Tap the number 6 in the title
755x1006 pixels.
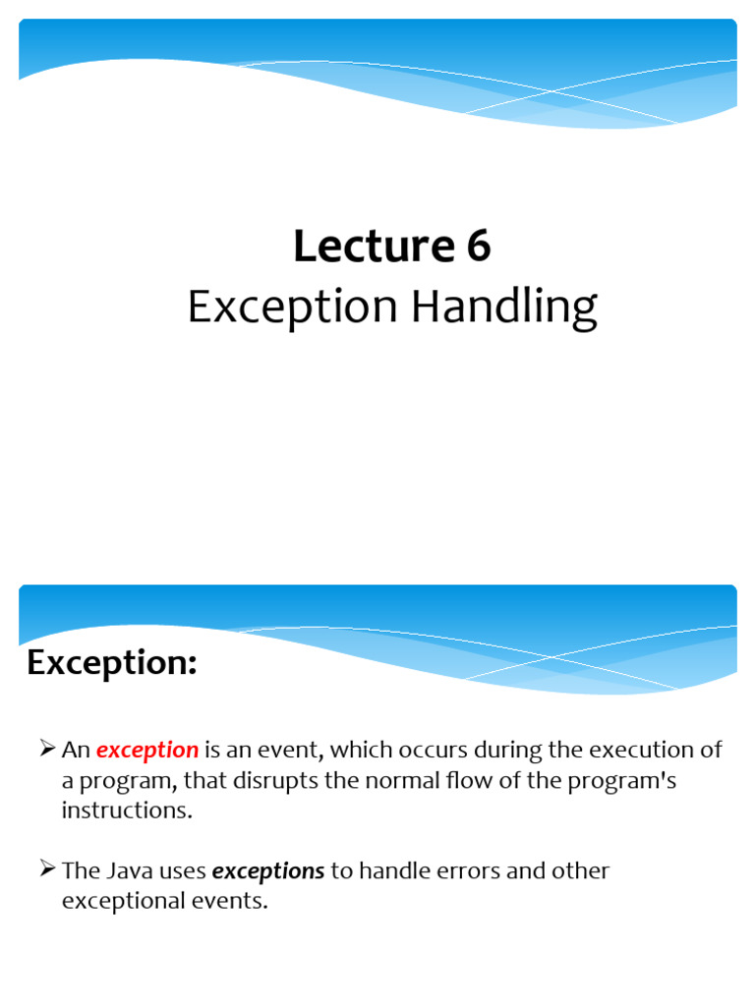[x=479, y=247]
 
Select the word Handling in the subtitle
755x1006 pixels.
[x=503, y=307]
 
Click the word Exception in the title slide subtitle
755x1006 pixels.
[x=293, y=309]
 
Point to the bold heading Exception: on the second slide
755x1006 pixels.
[x=112, y=664]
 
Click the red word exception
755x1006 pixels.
[x=147, y=751]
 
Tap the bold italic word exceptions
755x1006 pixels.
[x=268, y=871]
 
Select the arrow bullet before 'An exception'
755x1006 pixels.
[x=47, y=750]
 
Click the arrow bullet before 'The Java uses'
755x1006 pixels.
[x=47, y=870]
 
